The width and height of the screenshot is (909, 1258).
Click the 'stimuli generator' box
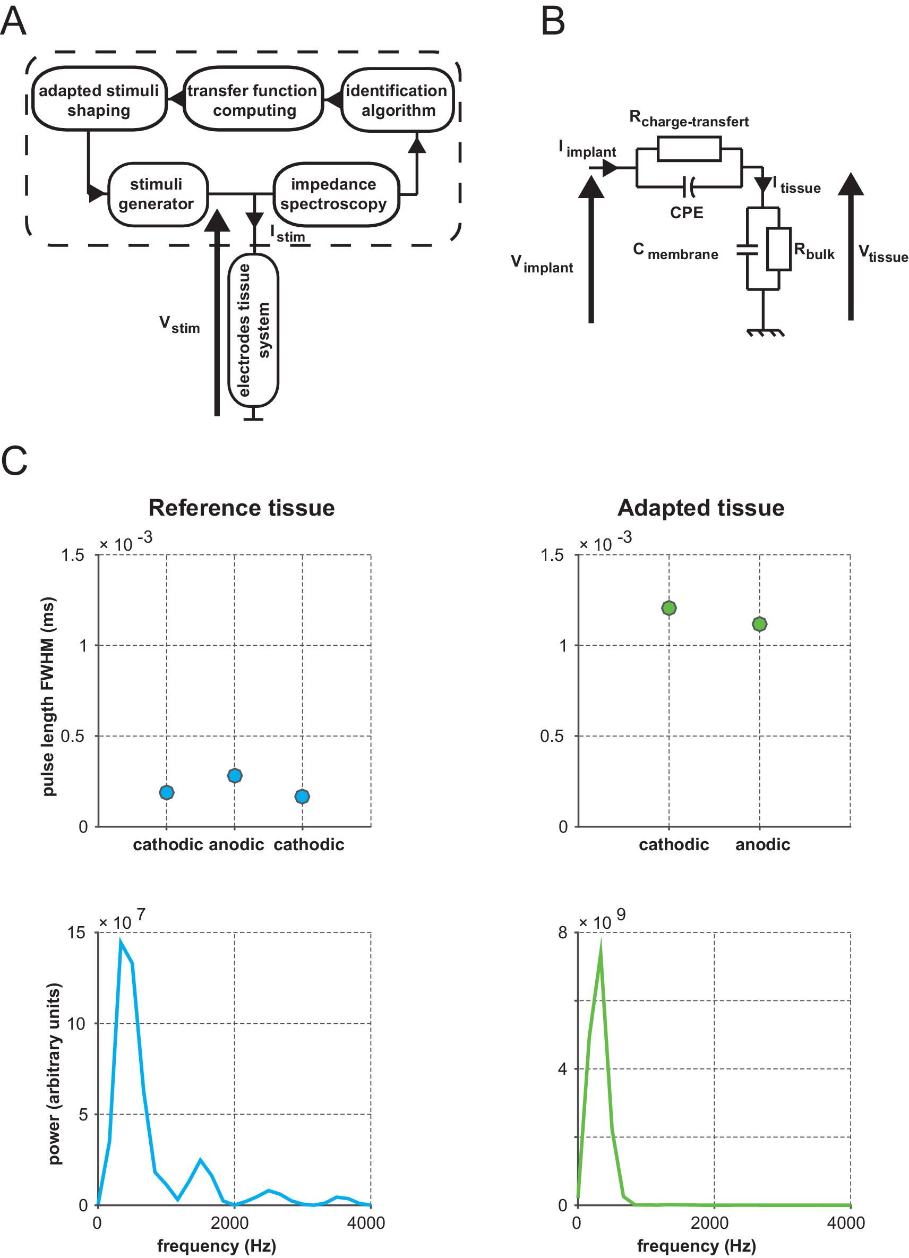[x=158, y=194]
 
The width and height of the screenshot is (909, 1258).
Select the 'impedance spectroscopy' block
[x=336, y=194]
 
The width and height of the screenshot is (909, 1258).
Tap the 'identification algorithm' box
[x=397, y=100]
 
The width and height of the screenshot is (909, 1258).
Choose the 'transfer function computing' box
[x=253, y=100]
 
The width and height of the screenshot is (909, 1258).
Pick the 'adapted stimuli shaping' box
[x=99, y=100]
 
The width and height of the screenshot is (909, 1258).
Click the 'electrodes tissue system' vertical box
[x=253, y=330]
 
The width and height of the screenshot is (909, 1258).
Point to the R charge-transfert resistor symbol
[x=688, y=149]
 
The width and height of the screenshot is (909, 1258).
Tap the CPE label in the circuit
[x=686, y=213]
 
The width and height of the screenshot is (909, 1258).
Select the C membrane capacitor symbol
[x=747, y=250]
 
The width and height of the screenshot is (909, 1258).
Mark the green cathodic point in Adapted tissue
[x=668, y=608]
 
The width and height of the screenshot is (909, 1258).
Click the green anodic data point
[x=759, y=624]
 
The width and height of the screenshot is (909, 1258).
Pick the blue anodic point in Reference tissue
[x=235, y=775]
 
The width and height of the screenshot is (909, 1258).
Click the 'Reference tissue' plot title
[x=241, y=508]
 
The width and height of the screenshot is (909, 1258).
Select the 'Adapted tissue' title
[x=700, y=508]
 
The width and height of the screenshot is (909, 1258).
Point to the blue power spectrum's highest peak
[x=121, y=942]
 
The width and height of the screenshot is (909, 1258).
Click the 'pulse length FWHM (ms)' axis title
[x=49, y=696]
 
